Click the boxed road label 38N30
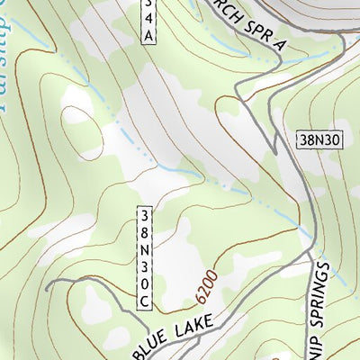coord(319,139)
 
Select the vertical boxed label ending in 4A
coord(148,20)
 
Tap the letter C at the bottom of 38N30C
coord(145,303)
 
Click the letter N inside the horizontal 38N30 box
coord(317,139)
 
